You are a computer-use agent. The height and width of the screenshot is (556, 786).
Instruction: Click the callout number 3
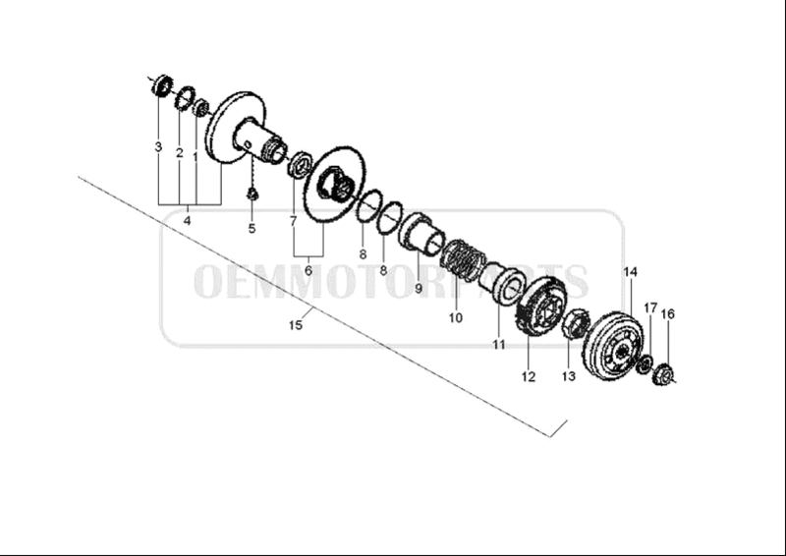pos(158,147)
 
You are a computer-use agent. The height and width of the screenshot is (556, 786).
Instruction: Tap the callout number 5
pos(252,229)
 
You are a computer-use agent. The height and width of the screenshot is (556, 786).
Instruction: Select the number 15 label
pos(296,325)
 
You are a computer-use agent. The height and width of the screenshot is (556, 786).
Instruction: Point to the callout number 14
pos(630,272)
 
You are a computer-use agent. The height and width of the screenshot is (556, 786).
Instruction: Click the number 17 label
pos(650,307)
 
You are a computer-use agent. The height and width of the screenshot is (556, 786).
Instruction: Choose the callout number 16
pos(668,313)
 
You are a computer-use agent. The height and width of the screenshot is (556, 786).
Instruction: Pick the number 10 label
pos(456,318)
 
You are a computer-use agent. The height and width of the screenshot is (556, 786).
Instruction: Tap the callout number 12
pos(529,376)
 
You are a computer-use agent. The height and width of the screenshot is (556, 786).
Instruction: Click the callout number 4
pos(187,221)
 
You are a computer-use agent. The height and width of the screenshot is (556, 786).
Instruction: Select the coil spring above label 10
pos(462,258)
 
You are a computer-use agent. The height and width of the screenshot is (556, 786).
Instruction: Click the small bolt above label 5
pos(253,194)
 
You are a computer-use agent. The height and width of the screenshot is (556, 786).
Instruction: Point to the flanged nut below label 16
pos(664,374)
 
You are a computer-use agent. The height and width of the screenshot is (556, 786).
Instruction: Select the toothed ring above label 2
pos(185,99)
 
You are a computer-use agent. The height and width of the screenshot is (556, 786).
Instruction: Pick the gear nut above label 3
pos(162,85)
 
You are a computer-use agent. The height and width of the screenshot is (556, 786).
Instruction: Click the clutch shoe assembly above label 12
pos(540,310)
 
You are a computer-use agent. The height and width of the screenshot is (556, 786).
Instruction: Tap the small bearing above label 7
pos(300,162)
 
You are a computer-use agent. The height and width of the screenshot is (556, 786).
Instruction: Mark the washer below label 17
pos(644,364)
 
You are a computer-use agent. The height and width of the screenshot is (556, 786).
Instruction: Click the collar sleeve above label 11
pos(502,282)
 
